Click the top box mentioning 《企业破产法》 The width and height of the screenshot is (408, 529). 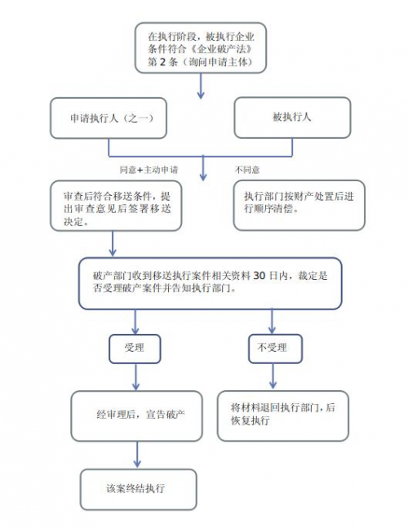[x=201, y=48]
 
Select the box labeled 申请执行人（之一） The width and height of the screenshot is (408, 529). [x=109, y=118]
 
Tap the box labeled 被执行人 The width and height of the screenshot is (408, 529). [x=292, y=118]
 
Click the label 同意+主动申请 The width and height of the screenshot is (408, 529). [x=149, y=170]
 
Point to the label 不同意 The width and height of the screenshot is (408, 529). [x=247, y=170]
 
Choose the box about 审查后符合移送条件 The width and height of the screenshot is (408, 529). [x=116, y=206]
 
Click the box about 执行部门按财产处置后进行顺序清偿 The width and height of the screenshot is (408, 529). [x=299, y=205]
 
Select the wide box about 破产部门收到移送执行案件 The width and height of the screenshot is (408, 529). [x=210, y=283]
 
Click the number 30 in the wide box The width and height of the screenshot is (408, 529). [x=259, y=276]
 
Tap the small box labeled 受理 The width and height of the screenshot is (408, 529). [x=135, y=349]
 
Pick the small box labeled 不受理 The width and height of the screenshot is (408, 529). [x=275, y=349]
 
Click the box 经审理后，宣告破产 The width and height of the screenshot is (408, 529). [x=136, y=416]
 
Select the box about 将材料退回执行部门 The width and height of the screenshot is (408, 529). [x=283, y=416]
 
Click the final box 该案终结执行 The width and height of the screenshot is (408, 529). [x=138, y=489]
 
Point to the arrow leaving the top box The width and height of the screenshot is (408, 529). [x=201, y=86]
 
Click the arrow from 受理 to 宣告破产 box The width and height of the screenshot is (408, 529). [x=136, y=377]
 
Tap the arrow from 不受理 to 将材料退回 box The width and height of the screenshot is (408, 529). [x=273, y=376]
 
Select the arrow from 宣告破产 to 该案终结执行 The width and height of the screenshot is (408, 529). [x=137, y=455]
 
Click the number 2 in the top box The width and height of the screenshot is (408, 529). [x=163, y=62]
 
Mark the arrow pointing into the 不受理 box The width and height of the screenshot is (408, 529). [x=272, y=322]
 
